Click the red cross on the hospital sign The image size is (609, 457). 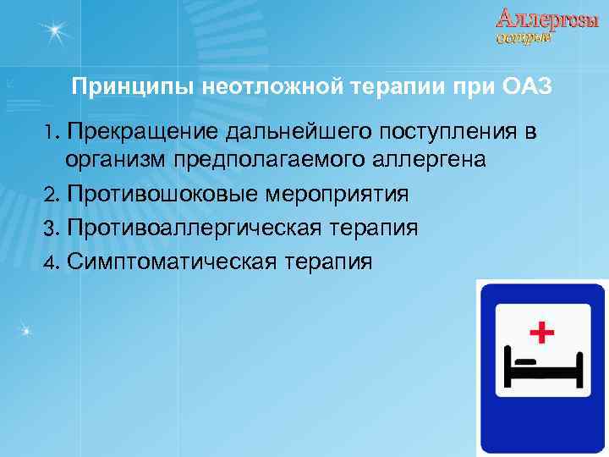[x=541, y=329]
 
